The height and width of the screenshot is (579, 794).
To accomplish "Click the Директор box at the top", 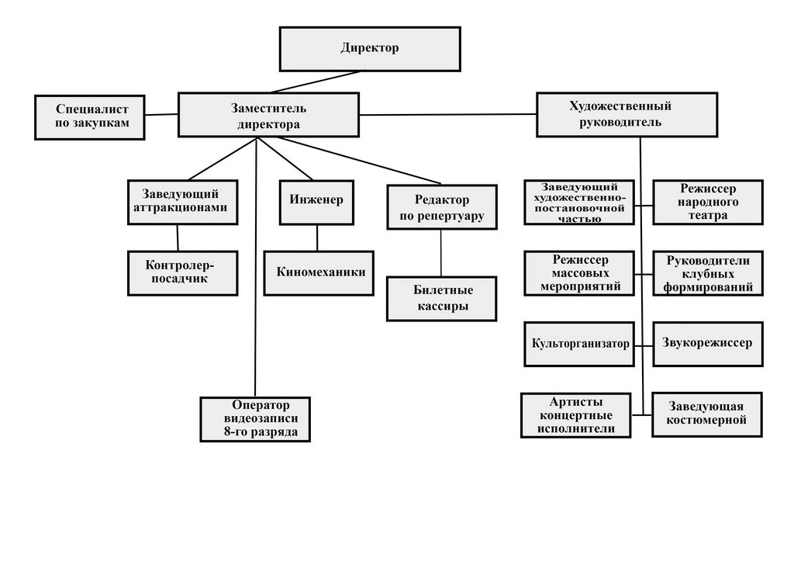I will point(369,48).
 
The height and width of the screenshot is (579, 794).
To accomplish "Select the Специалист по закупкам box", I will point(90,116).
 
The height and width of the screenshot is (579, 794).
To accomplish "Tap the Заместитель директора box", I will point(268,115).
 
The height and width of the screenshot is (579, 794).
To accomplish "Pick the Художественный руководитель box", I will point(615,114).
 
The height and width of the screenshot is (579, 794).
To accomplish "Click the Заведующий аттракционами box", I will point(182,202).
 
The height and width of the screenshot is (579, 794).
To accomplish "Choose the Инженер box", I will point(316,202).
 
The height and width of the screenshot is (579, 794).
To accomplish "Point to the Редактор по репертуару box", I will point(441,207).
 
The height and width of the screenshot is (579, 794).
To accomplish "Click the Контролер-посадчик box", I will point(182,272).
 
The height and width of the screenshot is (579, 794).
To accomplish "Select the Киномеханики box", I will point(319,272).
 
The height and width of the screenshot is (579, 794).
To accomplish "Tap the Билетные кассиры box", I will point(441,298).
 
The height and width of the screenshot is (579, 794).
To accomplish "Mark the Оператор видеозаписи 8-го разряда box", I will point(255,419).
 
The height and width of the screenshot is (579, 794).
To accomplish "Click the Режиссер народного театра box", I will point(707,202).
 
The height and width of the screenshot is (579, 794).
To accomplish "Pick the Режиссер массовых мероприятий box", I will point(578,273).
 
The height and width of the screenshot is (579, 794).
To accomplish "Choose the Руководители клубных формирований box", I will point(707,273).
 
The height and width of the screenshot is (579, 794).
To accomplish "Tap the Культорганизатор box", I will point(578,344).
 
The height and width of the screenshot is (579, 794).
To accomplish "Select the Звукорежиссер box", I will point(707,343).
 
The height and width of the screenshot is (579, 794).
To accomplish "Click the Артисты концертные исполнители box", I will point(576,415).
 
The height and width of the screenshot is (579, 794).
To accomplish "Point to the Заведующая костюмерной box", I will point(707,414).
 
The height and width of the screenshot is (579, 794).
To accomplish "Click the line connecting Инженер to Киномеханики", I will point(317,237).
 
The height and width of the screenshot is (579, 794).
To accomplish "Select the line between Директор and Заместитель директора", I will point(316,81).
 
